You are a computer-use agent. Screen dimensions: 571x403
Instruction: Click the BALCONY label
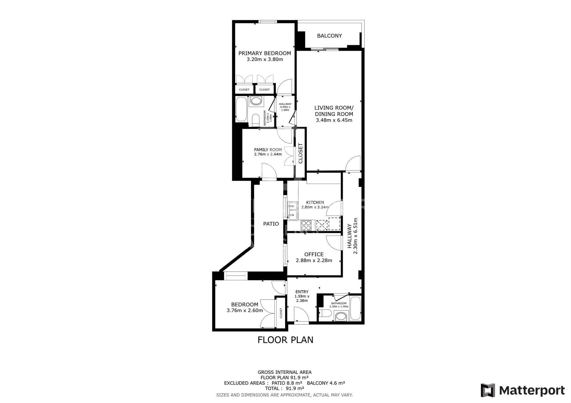(x=329, y=36)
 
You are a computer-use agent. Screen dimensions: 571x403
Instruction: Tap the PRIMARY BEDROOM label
(x=265, y=53)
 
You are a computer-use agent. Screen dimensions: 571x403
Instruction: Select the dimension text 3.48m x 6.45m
(x=334, y=120)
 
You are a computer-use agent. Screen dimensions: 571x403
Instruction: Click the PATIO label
(x=271, y=224)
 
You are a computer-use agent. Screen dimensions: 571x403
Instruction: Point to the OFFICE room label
(x=314, y=255)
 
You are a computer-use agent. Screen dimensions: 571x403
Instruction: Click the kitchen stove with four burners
(x=306, y=225)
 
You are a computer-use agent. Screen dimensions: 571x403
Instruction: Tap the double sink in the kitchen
(x=292, y=211)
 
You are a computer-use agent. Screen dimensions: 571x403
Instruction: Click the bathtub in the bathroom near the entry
(x=355, y=308)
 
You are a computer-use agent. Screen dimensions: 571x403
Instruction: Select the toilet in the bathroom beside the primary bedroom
(x=256, y=120)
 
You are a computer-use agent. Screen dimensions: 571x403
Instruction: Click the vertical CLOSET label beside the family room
(x=300, y=153)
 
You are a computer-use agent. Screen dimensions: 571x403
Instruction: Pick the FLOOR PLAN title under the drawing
(x=285, y=340)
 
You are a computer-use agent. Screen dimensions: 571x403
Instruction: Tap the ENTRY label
(x=302, y=292)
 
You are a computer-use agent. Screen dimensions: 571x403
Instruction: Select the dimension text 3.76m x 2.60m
(x=245, y=311)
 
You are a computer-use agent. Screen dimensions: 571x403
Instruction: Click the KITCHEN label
(x=315, y=203)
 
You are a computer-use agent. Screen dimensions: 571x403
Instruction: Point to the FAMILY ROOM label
(x=268, y=150)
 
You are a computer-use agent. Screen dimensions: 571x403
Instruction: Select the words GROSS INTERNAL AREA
(x=285, y=372)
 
